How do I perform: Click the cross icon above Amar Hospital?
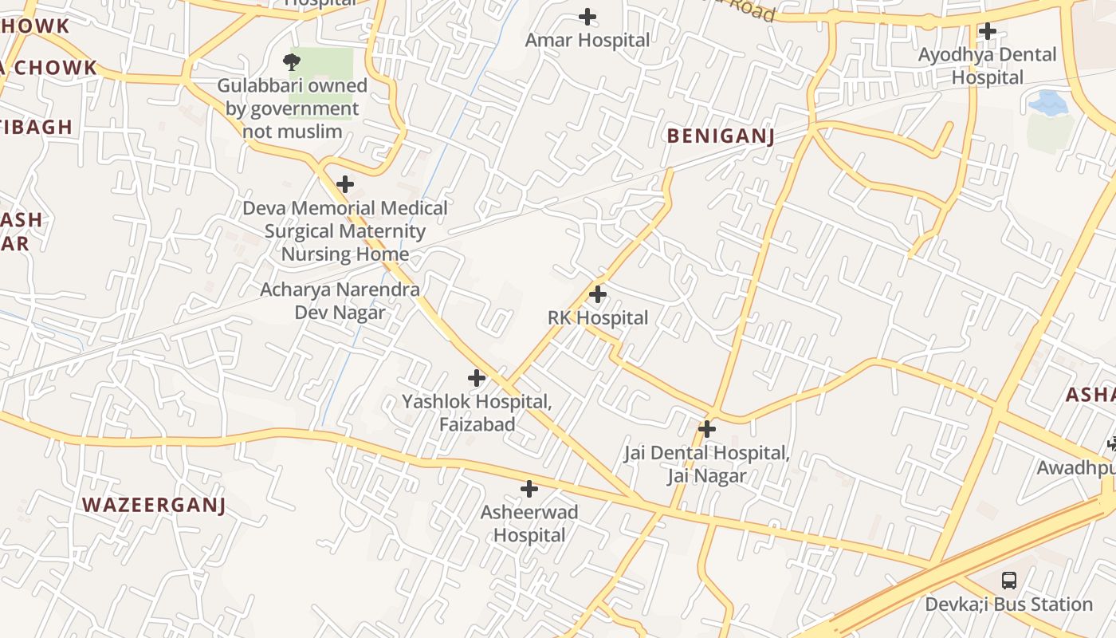587,16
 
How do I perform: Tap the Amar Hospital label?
587,40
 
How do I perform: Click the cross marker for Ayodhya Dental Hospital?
988,31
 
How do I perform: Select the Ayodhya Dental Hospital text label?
987,66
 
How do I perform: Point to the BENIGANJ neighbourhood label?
721,136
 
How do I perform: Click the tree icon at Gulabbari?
292,61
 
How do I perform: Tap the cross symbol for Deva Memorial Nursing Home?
344,184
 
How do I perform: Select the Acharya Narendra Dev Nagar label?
340,301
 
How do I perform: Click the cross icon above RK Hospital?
597,294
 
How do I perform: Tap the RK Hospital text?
598,318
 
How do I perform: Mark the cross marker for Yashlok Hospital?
477,377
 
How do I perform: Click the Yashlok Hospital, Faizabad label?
477,413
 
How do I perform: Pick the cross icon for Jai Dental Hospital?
706,429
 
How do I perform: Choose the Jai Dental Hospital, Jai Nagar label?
707,464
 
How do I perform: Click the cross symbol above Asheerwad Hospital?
529,488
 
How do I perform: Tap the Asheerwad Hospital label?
529,523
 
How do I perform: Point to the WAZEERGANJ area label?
154,505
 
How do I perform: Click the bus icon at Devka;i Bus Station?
1009,580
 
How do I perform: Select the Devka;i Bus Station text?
1008,605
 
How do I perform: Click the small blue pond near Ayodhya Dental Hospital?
1048,103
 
